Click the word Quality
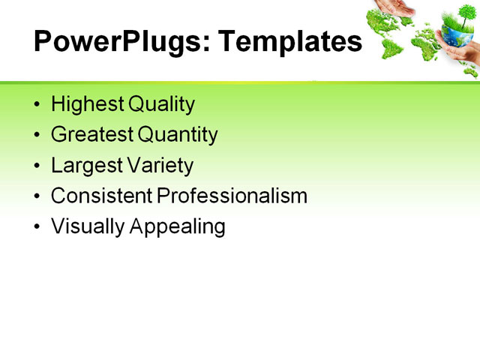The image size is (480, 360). pyautogui.click(x=161, y=104)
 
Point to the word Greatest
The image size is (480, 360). pyautogui.click(x=92, y=135)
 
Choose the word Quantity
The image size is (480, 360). pyautogui.click(x=178, y=135)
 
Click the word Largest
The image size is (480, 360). pyautogui.click(x=85, y=165)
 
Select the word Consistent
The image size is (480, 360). pyautogui.click(x=102, y=196)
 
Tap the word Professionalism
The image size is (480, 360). pyautogui.click(x=232, y=196)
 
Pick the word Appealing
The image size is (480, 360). pyautogui.click(x=178, y=226)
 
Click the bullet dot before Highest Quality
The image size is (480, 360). pyautogui.click(x=38, y=105)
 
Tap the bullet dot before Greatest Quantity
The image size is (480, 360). pyautogui.click(x=38, y=136)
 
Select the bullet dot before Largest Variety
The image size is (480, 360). pyautogui.click(x=38, y=166)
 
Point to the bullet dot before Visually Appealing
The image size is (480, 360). pyautogui.click(x=38, y=226)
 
